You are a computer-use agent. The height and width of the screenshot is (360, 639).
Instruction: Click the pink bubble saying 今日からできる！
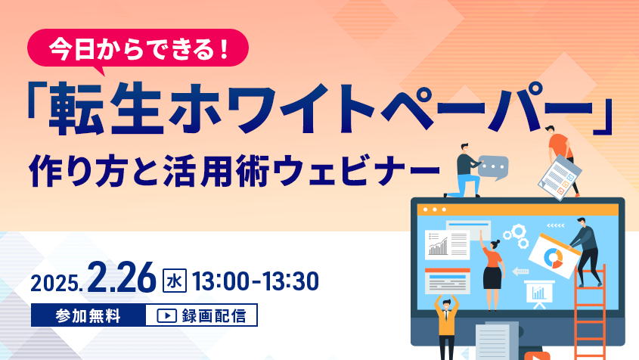tap(138, 48)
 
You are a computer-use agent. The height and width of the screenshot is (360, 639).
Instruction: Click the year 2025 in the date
tap(54, 283)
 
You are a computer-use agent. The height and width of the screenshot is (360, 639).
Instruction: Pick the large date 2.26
tap(122, 278)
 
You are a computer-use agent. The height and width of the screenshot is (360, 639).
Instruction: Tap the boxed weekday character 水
tap(175, 281)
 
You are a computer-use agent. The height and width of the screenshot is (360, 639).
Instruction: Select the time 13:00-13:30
tap(255, 281)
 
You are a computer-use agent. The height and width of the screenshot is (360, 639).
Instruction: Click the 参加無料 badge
tap(88, 315)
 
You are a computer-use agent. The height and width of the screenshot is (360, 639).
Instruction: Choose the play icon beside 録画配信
tap(166, 316)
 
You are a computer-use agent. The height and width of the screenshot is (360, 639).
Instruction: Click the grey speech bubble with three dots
tap(493, 168)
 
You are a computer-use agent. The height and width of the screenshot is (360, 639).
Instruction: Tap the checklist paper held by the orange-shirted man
tap(559, 177)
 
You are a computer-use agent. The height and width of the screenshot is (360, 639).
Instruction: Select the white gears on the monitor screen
tap(516, 236)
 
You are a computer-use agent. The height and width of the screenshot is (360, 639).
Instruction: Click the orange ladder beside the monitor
tap(590, 312)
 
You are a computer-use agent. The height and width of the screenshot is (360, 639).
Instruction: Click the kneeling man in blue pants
tap(465, 171)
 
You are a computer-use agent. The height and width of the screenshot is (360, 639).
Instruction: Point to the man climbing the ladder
tap(585, 251)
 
